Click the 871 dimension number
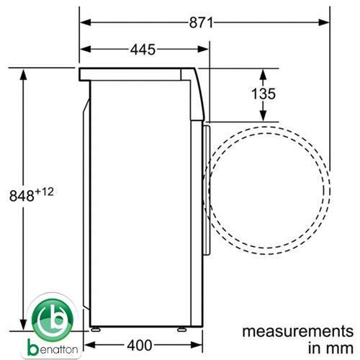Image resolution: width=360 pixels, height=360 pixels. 201,23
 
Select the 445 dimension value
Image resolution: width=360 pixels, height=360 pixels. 143,50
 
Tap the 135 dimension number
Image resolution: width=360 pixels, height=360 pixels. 264,94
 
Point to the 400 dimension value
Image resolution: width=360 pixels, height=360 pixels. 140,346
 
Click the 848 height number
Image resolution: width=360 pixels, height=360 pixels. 22,196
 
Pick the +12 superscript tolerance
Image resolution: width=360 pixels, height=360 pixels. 44,192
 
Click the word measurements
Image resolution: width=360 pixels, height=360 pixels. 298,331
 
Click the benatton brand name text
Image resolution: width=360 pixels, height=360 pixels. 53,349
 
